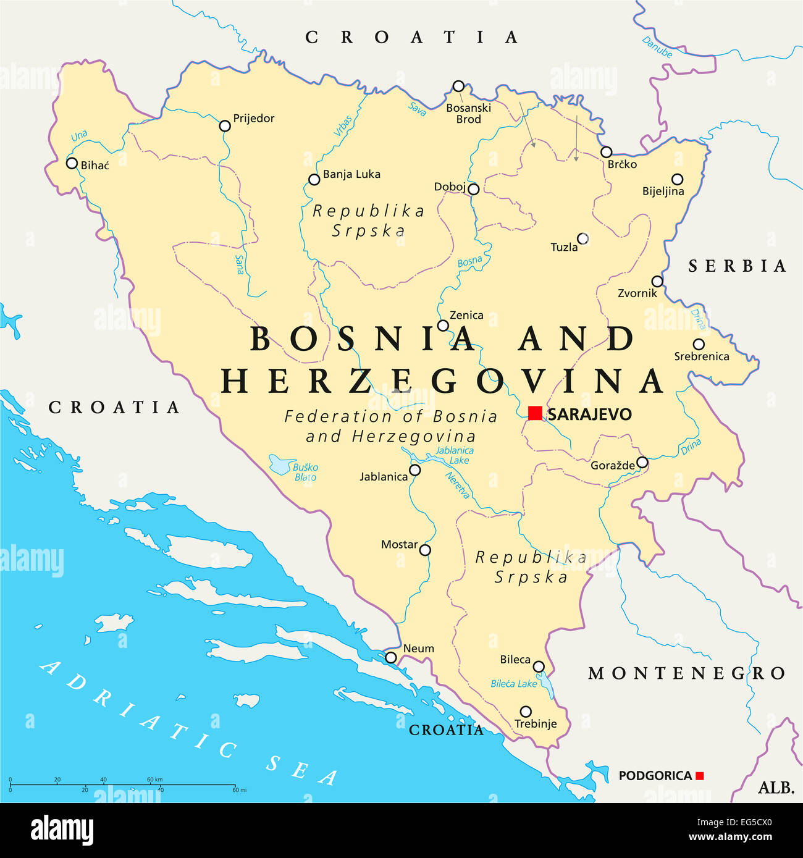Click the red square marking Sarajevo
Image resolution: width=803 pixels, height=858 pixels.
[x=535, y=413]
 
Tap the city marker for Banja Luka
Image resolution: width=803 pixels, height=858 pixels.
[x=314, y=180]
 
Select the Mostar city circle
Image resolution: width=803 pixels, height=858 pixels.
[x=425, y=550]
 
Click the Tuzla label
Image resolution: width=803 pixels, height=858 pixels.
[x=564, y=248]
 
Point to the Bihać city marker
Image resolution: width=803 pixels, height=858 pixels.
[x=72, y=164]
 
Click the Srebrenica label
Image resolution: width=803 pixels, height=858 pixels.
[x=701, y=356]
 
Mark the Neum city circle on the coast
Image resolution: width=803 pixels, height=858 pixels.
[x=391, y=658]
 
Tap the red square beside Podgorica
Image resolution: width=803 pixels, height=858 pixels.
[x=699, y=776]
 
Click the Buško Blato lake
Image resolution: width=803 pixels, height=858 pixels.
[x=282, y=464]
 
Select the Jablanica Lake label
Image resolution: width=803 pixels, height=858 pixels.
[x=455, y=455]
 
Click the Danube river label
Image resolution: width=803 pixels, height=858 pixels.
[x=657, y=48]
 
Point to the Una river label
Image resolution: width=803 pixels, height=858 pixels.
[x=79, y=136]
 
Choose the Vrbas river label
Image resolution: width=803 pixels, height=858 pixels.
[x=343, y=125]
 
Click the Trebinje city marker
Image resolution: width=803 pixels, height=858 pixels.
[x=526, y=712]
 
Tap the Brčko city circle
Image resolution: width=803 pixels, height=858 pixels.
[x=607, y=152]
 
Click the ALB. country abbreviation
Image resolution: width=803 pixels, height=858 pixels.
[x=776, y=788]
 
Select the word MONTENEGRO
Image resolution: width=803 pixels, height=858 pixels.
[x=686, y=673]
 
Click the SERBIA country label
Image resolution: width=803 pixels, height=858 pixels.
[x=738, y=266]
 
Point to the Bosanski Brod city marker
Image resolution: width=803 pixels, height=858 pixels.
[x=458, y=86]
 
